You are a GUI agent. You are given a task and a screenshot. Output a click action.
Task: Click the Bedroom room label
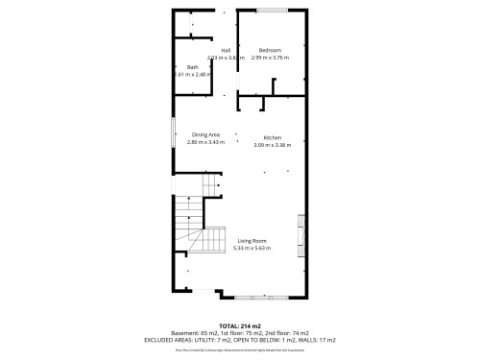pyautogui.click(x=270, y=50)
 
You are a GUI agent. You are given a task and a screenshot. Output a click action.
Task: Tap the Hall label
pyautogui.click(x=226, y=50)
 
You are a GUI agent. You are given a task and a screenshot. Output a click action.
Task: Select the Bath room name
pyautogui.click(x=193, y=67)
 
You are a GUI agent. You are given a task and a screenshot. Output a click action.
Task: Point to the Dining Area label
pyautogui.click(x=206, y=134)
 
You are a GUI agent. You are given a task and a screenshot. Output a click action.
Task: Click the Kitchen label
pyautogui.click(x=272, y=137)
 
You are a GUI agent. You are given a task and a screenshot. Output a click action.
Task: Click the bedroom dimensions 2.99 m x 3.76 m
pyautogui.click(x=270, y=58)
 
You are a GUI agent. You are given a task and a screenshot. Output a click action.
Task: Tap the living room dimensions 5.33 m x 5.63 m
pyautogui.click(x=252, y=248)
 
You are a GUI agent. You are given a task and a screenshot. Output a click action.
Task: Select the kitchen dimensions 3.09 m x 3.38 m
pyautogui.click(x=272, y=145)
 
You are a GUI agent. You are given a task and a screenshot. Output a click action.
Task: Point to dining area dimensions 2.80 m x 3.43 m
pyautogui.click(x=206, y=142)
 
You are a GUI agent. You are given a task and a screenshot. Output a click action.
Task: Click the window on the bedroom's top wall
pyautogui.click(x=272, y=11)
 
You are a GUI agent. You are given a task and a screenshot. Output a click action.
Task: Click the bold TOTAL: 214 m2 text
pyautogui.click(x=239, y=325)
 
